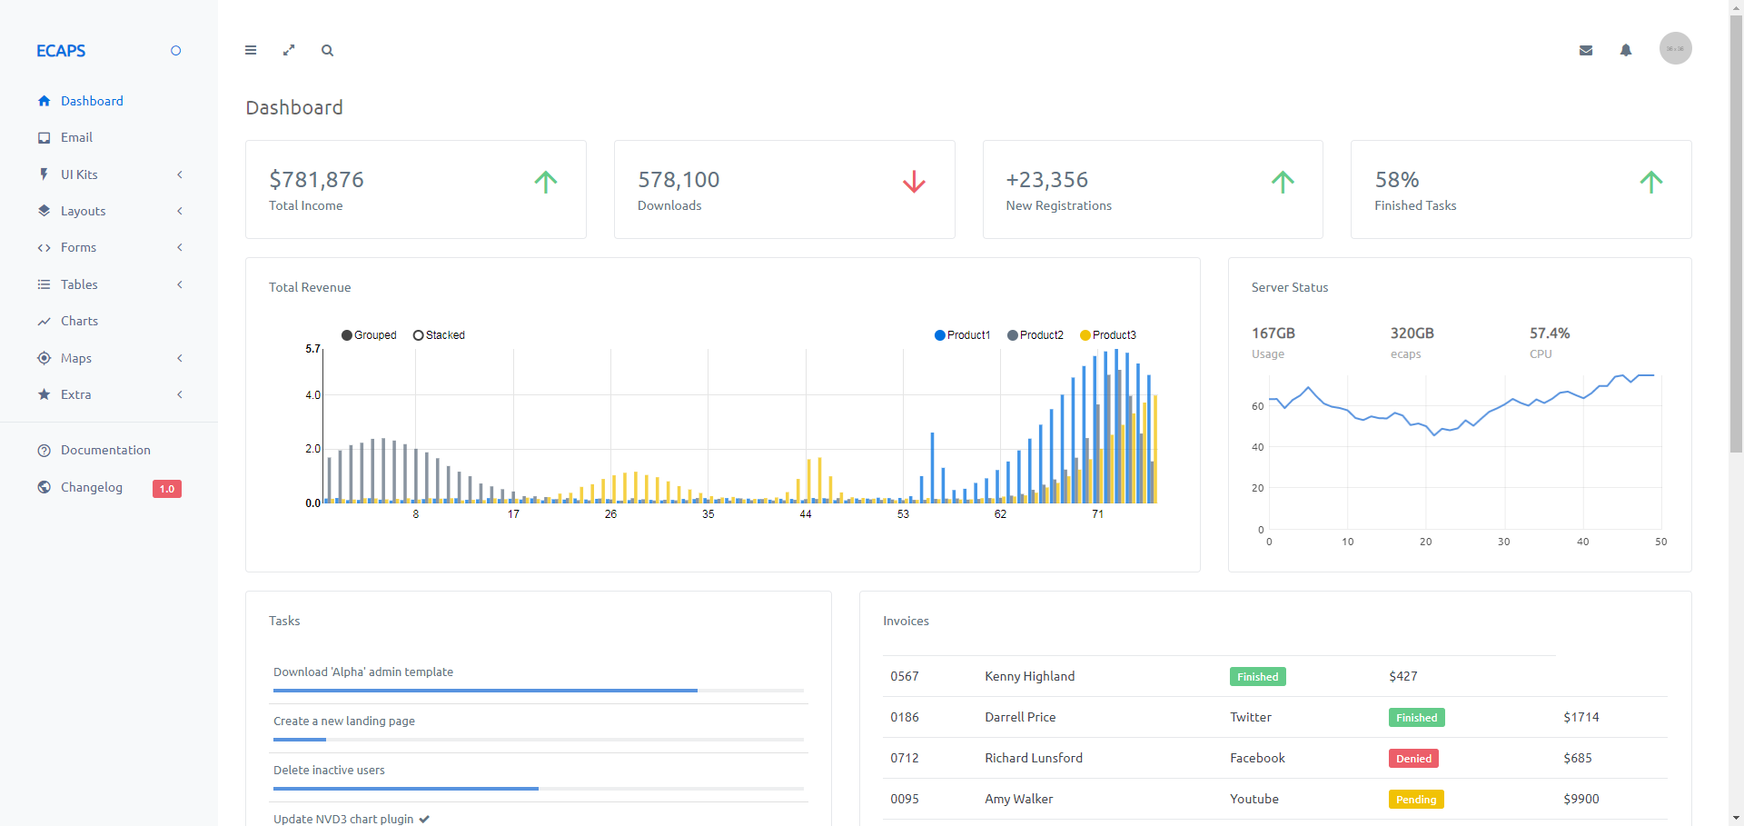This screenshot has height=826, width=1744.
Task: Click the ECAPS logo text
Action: coord(61,51)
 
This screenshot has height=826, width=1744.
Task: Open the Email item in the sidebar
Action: coord(76,137)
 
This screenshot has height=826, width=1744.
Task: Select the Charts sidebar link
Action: coord(79,321)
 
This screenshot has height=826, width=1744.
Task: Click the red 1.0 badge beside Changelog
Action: coord(167,489)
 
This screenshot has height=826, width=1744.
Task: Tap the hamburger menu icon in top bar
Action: coord(251,51)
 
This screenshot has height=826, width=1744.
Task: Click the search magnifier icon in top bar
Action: coord(327,51)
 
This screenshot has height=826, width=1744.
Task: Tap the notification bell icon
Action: coord(1626,51)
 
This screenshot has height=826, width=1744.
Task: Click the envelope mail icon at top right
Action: coord(1586,51)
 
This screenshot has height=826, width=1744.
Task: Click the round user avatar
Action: coord(1675,48)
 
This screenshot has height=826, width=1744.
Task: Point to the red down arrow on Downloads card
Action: coord(914,182)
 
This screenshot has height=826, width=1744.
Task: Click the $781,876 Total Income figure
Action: coord(316,180)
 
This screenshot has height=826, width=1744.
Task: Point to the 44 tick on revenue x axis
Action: coord(806,514)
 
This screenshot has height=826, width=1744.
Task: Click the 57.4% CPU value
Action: coord(1550,333)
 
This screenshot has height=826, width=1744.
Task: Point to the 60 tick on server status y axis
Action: coord(1258,406)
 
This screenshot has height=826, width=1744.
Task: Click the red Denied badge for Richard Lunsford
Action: coord(1413,759)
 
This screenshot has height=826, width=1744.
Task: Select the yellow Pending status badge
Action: coord(1416,800)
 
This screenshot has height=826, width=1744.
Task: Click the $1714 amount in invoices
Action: coord(1580,717)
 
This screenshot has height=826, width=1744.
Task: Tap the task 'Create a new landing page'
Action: coord(344,721)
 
